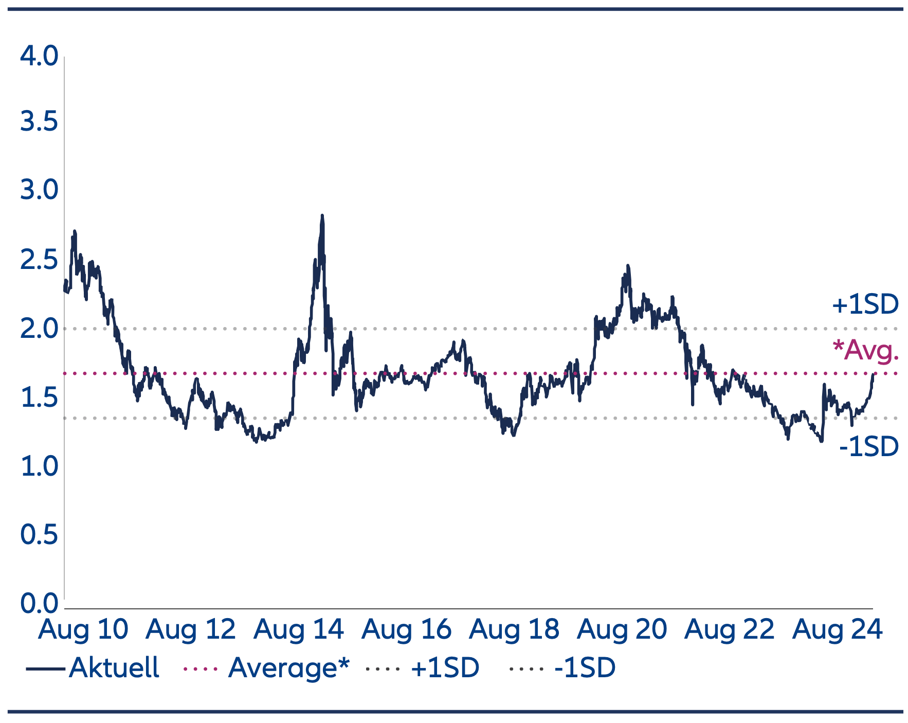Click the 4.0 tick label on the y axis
coord(39,56)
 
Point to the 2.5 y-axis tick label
coord(39,260)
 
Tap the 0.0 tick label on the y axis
coord(39,603)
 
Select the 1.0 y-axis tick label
coord(39,466)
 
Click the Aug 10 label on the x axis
coord(83,629)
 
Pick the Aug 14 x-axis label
coord(298,629)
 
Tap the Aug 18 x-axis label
coord(514,629)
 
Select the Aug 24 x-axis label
coord(837,629)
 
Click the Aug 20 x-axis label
coord(622,629)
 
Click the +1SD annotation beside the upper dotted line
coord(865,304)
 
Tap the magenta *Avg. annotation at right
coord(866,350)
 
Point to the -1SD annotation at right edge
coord(868,446)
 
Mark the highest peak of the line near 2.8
coord(322,216)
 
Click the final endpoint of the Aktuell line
coord(873,374)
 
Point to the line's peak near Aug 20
coord(628,266)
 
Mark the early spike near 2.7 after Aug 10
coord(75,231)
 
